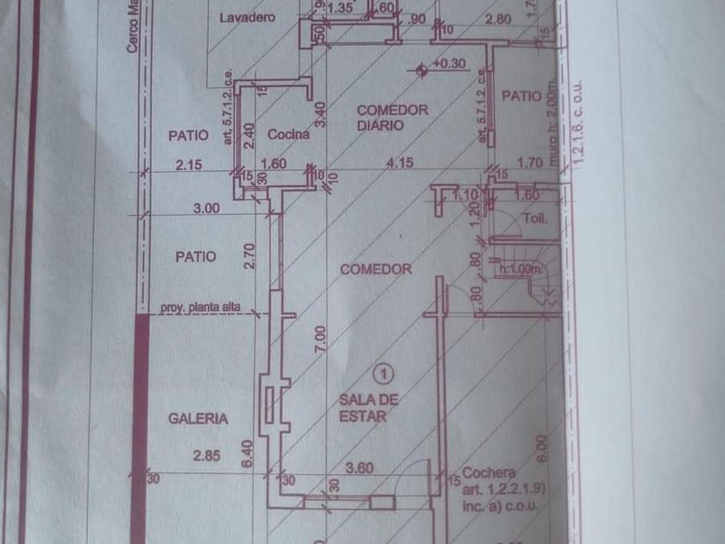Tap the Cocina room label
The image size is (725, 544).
(x=288, y=134)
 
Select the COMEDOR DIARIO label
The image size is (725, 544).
(x=392, y=117)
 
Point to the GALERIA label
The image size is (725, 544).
(x=198, y=419)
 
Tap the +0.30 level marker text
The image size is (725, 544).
(x=449, y=64)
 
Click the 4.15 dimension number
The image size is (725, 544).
(x=397, y=161)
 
